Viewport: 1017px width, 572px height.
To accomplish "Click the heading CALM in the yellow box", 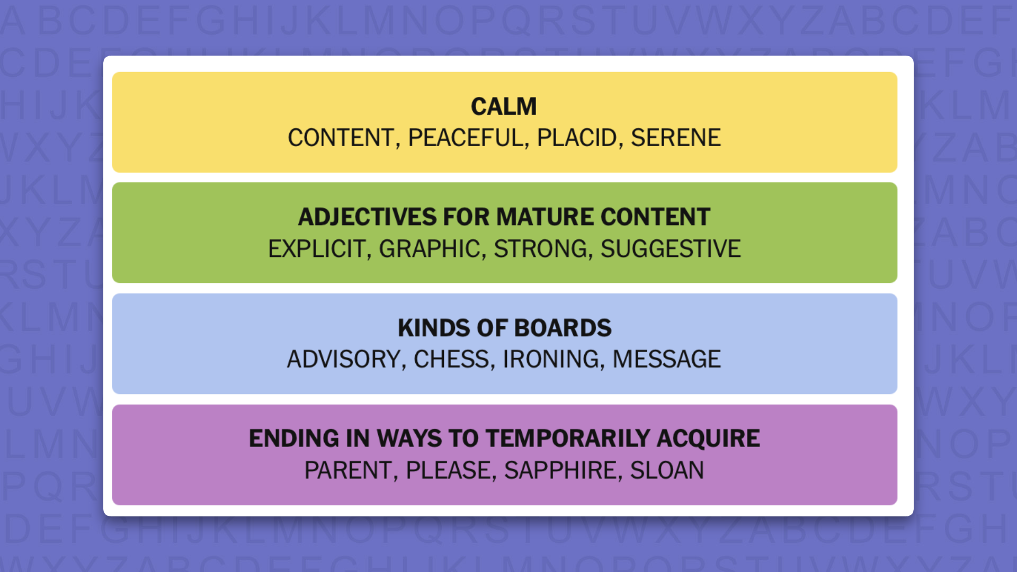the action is [504, 106].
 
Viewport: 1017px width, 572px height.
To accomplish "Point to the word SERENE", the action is [675, 138].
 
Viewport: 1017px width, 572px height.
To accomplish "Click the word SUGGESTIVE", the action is [671, 249].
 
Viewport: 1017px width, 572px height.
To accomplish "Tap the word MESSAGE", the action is [666, 359].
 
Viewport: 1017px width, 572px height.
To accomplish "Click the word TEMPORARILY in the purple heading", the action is [568, 439].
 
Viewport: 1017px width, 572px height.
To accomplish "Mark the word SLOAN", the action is [667, 470].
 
